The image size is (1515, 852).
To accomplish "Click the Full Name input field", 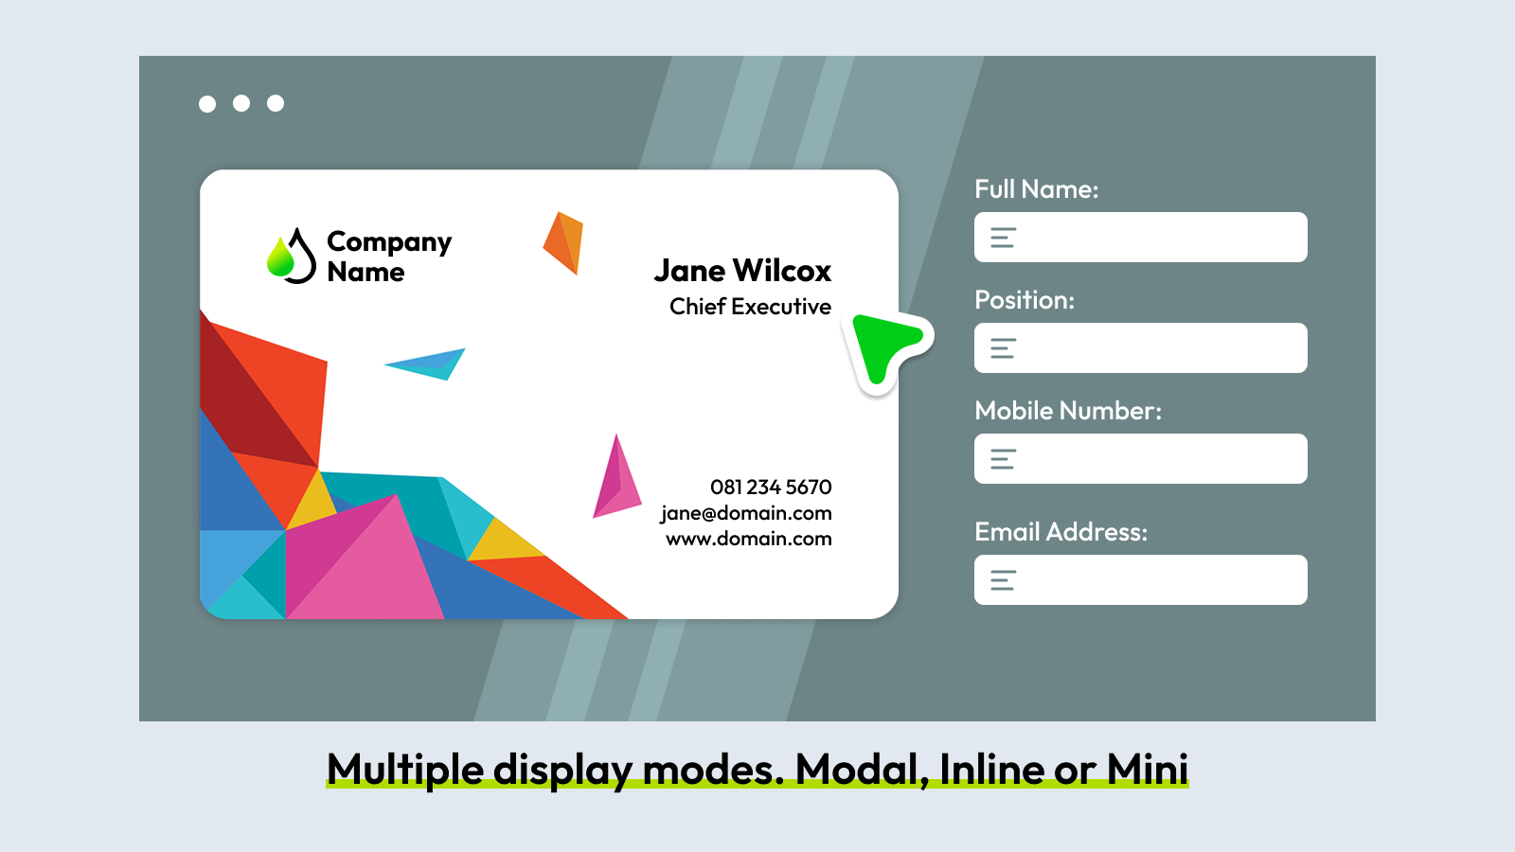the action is [1140, 238].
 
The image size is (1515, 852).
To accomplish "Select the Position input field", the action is [1140, 347].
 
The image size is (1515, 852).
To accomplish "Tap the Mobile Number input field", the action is [1140, 458].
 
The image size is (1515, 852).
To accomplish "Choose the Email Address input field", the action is [1140, 579].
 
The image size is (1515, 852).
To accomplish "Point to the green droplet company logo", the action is [292, 256].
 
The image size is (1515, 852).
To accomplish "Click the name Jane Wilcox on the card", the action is [742, 271].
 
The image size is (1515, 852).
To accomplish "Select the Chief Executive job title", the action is [750, 307].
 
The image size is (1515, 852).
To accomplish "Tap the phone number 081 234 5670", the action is [771, 487].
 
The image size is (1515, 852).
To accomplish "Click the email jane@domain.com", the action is [746, 513].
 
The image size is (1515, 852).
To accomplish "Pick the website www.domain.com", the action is [749, 539].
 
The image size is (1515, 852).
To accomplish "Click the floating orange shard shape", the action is [562, 242].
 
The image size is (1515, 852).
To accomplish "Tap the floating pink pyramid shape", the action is [616, 480].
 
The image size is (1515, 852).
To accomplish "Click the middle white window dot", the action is [241, 103].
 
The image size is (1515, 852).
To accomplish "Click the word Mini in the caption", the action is [1147, 769].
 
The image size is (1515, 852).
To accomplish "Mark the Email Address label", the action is [1060, 532].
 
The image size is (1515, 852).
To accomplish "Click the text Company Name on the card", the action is [389, 257].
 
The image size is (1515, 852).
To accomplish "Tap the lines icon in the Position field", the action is [1003, 348].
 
